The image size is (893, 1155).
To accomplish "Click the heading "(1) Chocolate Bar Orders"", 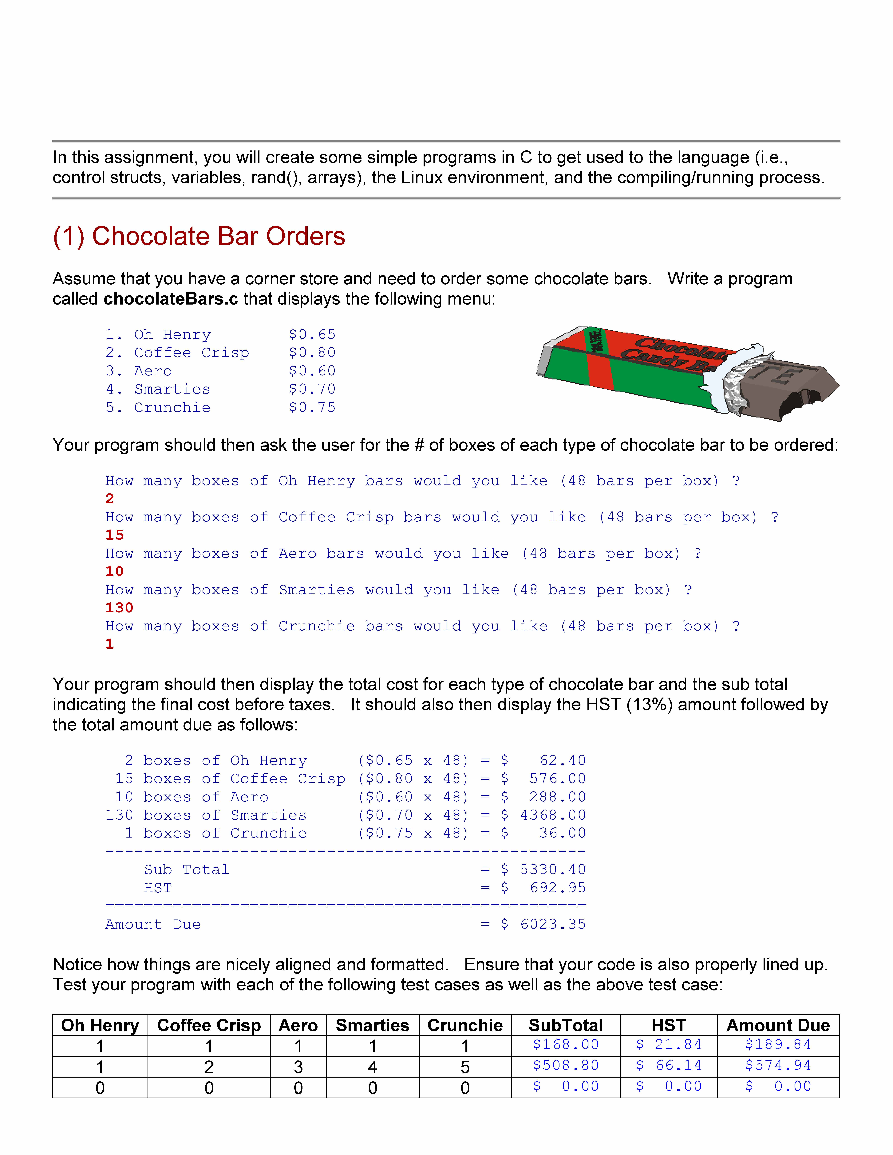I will point(199,236).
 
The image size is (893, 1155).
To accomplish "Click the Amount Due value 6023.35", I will point(553,924).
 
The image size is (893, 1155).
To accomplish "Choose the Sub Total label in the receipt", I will point(186,870).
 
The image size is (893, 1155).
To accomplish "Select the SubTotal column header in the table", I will point(566,1025).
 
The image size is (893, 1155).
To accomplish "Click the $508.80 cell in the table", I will point(566,1066).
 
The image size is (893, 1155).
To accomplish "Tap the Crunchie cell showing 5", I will point(465,1067).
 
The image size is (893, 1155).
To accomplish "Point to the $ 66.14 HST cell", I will point(669,1066).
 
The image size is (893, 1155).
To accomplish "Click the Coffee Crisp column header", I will point(209,1025).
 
